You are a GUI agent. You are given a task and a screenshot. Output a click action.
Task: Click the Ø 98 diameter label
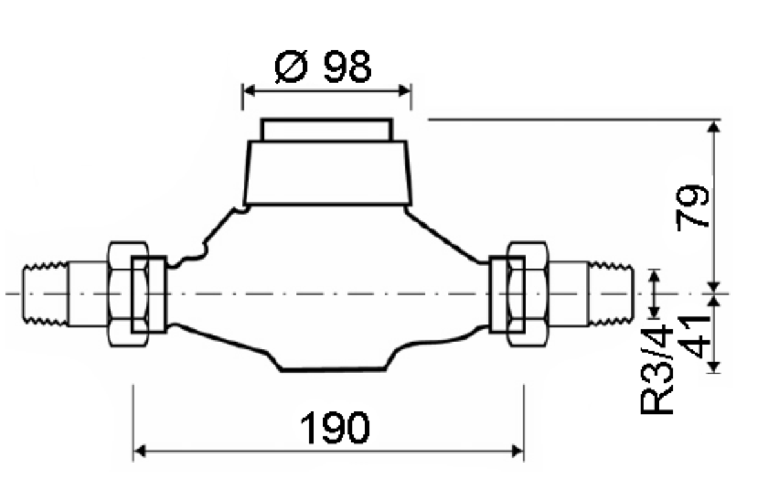click(x=323, y=66)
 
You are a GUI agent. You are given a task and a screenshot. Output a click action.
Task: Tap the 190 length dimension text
click(x=334, y=429)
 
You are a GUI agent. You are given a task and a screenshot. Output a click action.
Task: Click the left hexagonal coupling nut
click(x=127, y=294)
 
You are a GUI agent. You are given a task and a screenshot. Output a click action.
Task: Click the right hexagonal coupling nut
click(x=527, y=294)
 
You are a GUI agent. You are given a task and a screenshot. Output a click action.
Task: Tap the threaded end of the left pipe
click(x=45, y=294)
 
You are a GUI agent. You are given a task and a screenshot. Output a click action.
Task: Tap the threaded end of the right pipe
click(x=612, y=294)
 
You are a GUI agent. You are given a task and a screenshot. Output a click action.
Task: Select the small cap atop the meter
click(x=326, y=130)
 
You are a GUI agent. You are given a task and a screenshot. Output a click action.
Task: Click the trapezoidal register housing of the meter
click(x=326, y=173)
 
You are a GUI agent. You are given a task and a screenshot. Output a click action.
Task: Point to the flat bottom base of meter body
click(x=333, y=369)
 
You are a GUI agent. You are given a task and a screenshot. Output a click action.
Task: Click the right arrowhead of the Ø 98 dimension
click(x=405, y=90)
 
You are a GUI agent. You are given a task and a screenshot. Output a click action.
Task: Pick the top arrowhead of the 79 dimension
click(x=713, y=126)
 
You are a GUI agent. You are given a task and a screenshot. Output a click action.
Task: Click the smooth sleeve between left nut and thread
click(x=88, y=294)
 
